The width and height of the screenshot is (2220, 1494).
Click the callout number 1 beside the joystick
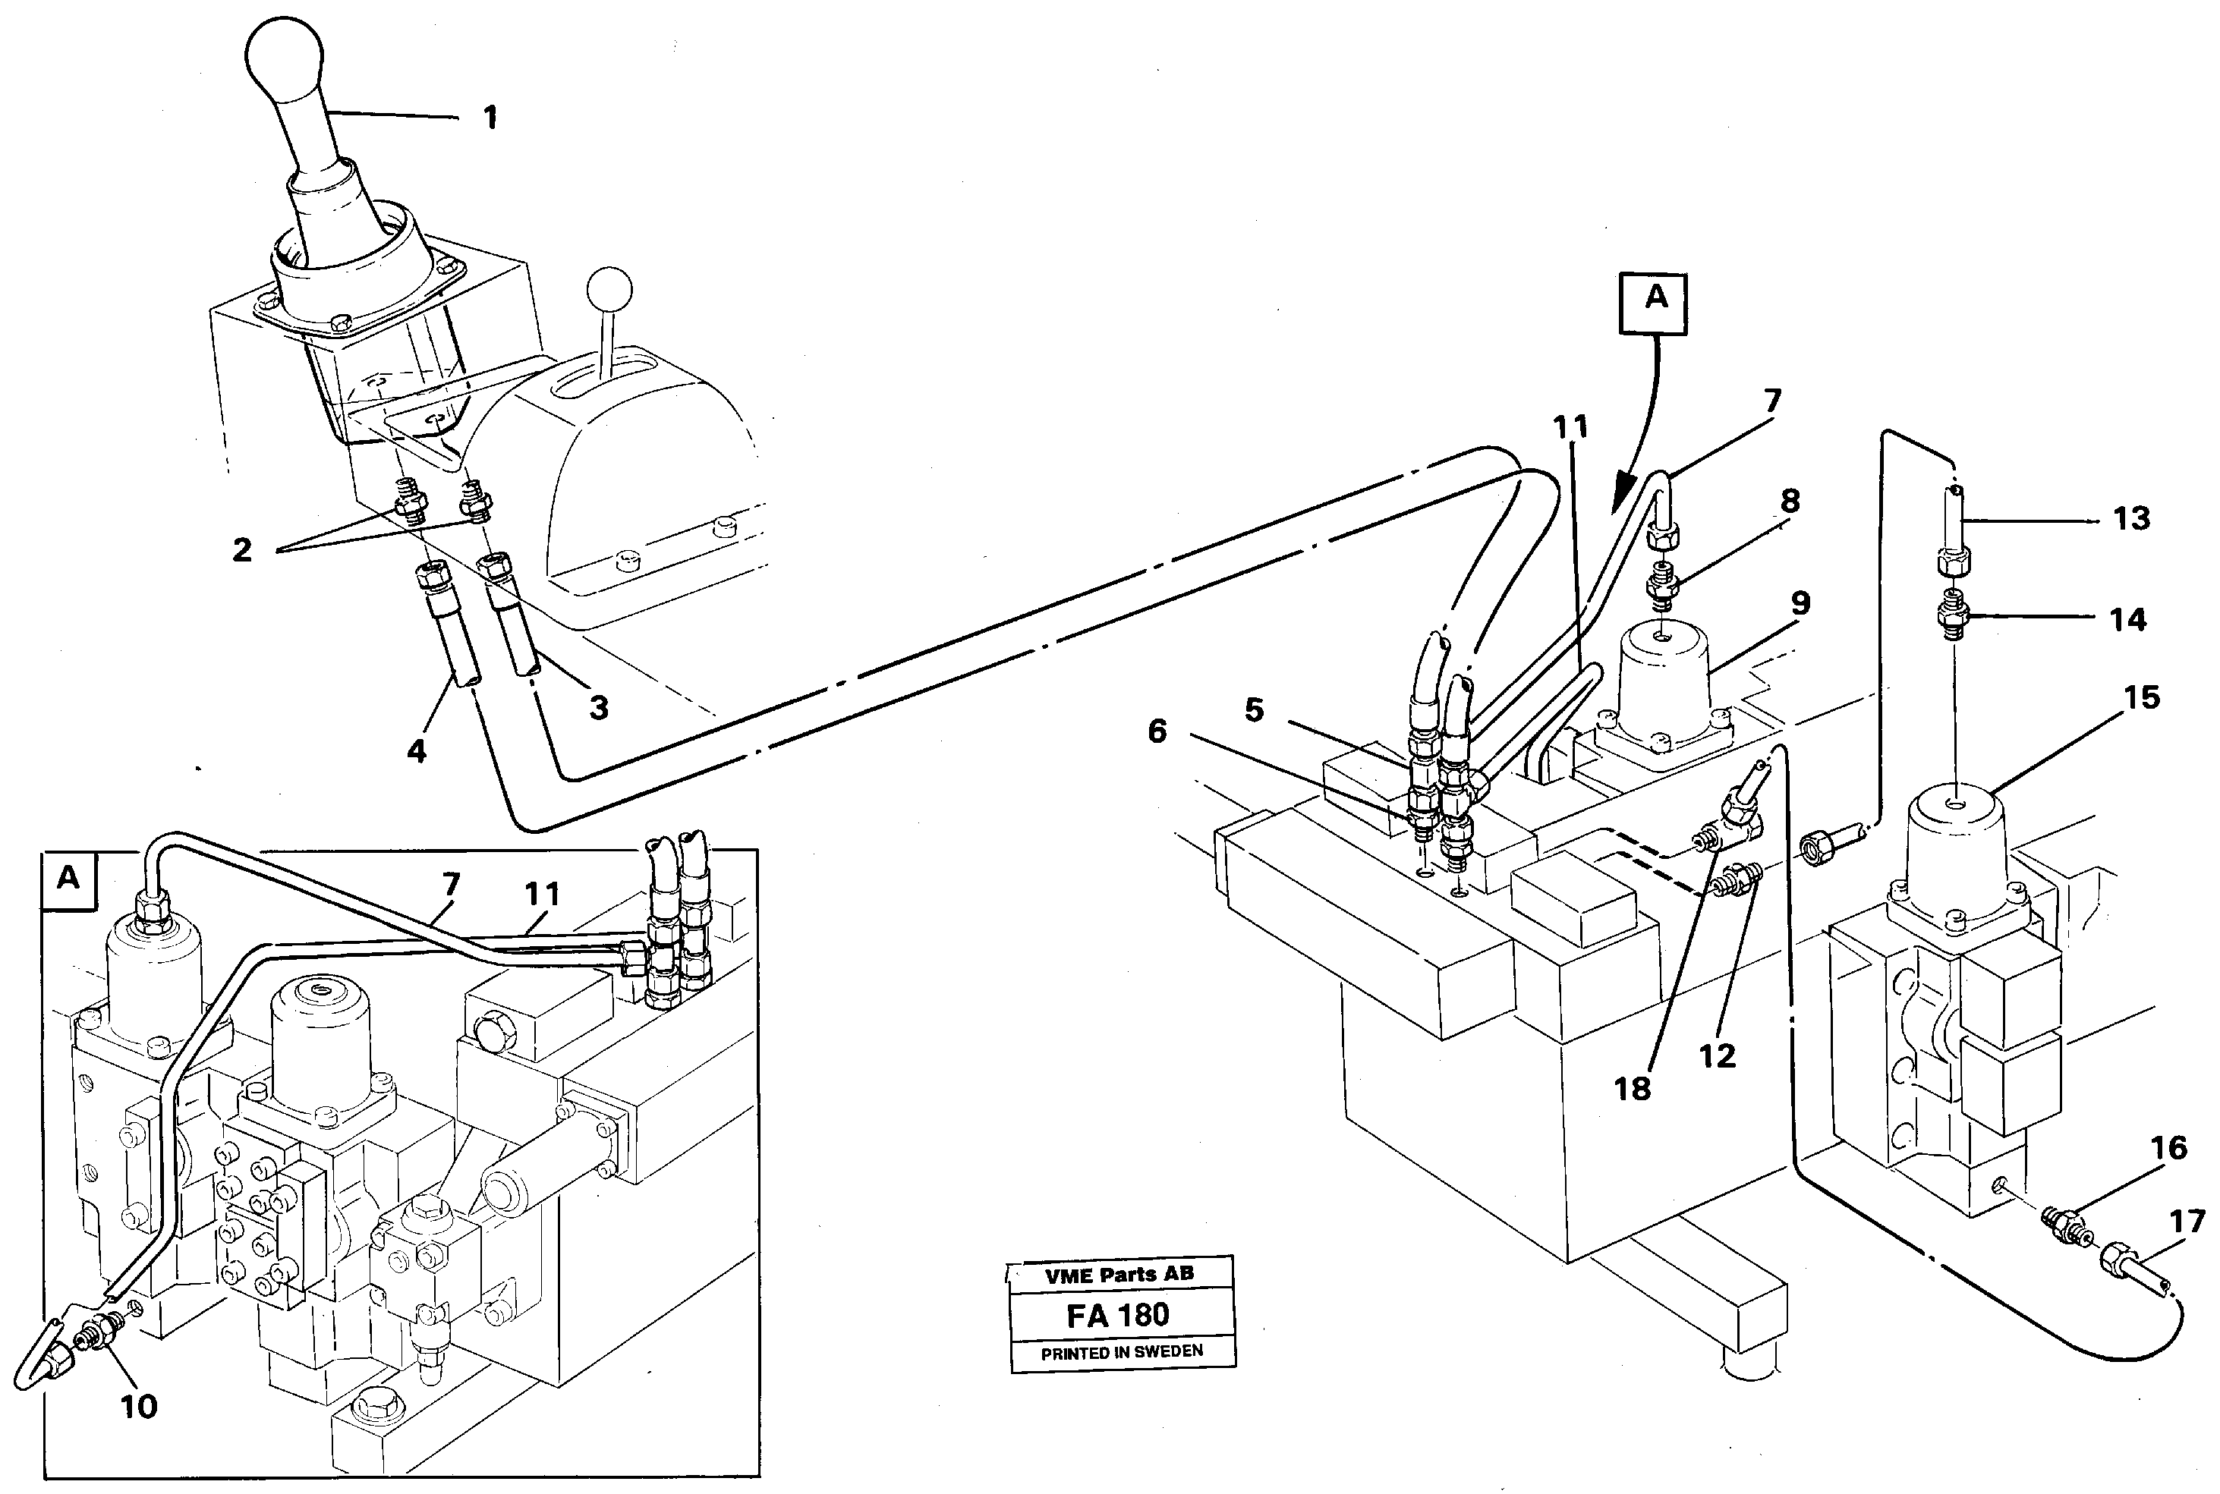490,119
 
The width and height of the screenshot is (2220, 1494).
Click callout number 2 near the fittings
242,550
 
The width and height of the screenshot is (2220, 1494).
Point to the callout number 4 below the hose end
417,752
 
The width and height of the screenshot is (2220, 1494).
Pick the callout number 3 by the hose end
598,708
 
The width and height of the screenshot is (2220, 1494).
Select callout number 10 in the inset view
138,1406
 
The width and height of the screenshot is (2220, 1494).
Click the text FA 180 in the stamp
1118,1316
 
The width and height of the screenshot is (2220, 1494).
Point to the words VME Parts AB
1119,1275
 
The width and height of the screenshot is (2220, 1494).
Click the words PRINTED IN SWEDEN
1122,1351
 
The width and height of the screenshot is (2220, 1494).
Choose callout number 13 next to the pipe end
2130,519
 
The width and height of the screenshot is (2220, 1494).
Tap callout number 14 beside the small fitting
2127,620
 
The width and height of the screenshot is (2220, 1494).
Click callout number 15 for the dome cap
2141,697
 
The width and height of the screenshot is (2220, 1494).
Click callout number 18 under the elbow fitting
1632,1088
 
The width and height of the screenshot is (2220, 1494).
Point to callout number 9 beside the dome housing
1800,603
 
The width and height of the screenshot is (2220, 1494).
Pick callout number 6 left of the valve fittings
1157,731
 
